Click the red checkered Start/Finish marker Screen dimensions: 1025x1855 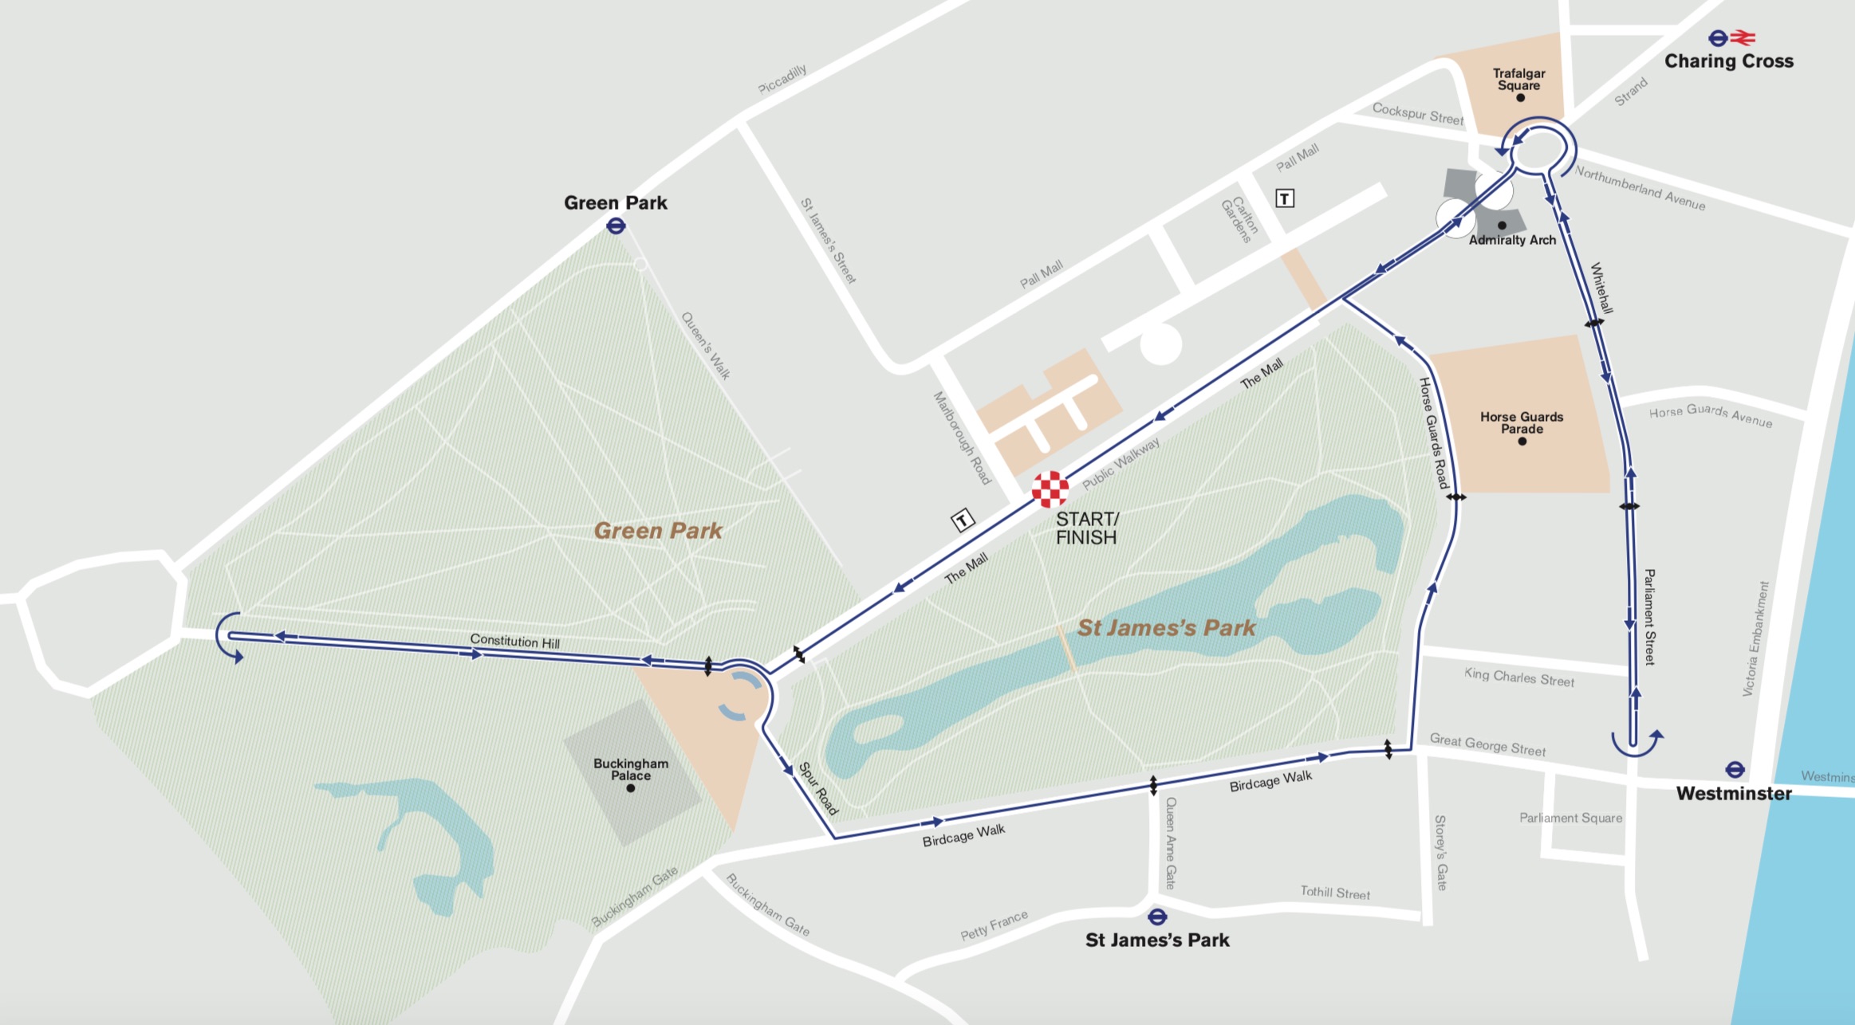[x=1050, y=489]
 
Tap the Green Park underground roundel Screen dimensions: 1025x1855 [x=616, y=226]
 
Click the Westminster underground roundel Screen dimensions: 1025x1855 [x=1735, y=770]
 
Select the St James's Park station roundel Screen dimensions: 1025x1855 [x=1157, y=917]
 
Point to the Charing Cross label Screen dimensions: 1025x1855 [x=1728, y=61]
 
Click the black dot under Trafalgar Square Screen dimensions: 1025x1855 [x=1520, y=98]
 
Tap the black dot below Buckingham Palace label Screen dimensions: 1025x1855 [x=631, y=788]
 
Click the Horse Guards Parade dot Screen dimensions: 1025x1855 [x=1522, y=441]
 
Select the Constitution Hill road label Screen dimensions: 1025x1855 [x=514, y=641]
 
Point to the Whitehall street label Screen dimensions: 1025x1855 [x=1601, y=288]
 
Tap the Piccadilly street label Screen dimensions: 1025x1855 [x=782, y=80]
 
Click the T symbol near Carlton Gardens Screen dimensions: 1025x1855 [x=1284, y=198]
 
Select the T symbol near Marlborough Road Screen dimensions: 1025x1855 [x=963, y=521]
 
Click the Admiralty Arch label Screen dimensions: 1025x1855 [x=1512, y=240]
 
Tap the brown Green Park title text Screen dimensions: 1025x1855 [x=658, y=531]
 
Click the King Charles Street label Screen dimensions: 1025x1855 [x=1518, y=677]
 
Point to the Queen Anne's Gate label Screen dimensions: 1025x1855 [x=1170, y=842]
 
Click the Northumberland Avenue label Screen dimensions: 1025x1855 [x=1640, y=188]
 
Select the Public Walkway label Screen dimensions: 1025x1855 [x=1120, y=464]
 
